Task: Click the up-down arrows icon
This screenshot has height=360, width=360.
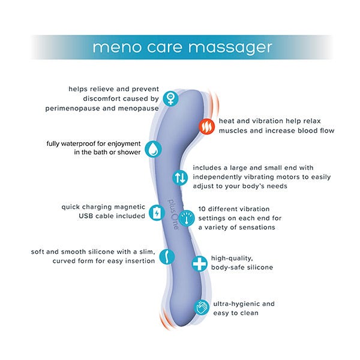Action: (181, 178)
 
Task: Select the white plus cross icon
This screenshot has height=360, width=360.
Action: (199, 263)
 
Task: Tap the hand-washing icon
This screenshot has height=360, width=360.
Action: (202, 308)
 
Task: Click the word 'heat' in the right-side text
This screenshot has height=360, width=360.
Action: (229, 121)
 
